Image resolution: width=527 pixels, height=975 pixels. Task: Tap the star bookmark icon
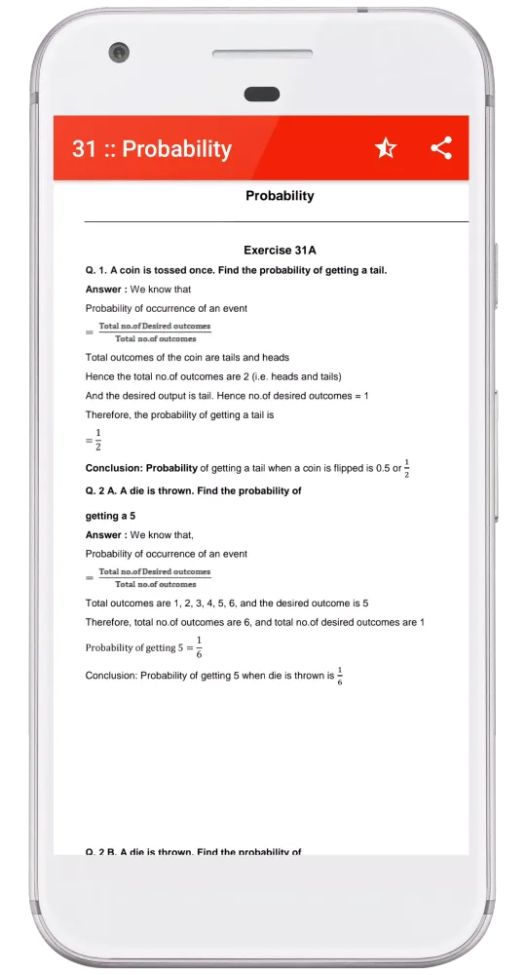pos(386,148)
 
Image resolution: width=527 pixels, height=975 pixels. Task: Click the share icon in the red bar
pos(441,148)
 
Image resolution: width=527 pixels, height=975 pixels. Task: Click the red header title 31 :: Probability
pos(152,149)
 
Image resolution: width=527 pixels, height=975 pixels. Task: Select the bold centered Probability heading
pos(280,196)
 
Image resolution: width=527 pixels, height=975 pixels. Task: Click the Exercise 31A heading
pos(280,251)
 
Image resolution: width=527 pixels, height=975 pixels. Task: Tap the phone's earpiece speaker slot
pos(261,94)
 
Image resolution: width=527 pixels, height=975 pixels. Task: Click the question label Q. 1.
pos(96,270)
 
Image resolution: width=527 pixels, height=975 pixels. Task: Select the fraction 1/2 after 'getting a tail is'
pos(97,440)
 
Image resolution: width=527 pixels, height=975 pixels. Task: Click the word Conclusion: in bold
pos(115,469)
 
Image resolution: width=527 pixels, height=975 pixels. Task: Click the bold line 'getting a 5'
pos(110,516)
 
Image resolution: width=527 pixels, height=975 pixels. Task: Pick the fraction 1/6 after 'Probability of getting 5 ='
pos(199,646)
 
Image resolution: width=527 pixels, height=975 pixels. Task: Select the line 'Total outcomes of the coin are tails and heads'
pos(187,358)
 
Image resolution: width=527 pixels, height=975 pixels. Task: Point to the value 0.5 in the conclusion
pos(383,469)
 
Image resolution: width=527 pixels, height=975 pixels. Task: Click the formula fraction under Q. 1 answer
pos(155,332)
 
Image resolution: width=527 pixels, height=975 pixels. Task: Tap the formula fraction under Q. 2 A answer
pos(155,578)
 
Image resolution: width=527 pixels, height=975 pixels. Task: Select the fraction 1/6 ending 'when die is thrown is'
pos(340,676)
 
